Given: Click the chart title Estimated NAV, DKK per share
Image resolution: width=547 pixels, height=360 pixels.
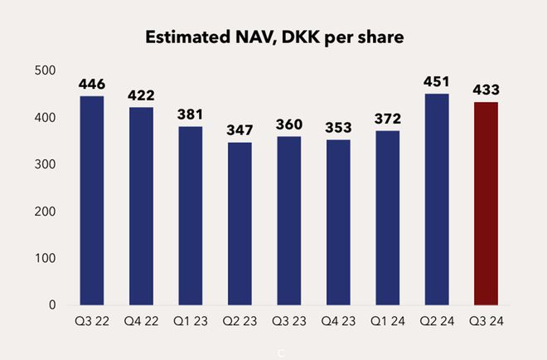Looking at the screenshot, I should pyautogui.click(x=273, y=37).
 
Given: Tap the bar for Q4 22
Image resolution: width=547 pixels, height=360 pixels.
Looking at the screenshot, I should pyautogui.click(x=141, y=207).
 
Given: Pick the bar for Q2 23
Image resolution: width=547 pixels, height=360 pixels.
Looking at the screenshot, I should pyautogui.click(x=240, y=224).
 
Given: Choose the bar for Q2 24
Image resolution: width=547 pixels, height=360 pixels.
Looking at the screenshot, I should pyautogui.click(x=437, y=199).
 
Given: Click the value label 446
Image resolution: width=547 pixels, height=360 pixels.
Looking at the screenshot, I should pyautogui.click(x=92, y=85).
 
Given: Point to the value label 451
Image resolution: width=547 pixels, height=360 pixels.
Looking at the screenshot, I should pyautogui.click(x=437, y=82).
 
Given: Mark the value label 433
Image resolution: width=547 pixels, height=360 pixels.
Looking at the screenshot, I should pyautogui.click(x=486, y=90).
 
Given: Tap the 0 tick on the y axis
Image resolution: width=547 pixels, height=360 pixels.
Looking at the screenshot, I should pyautogui.click(x=51, y=305).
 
